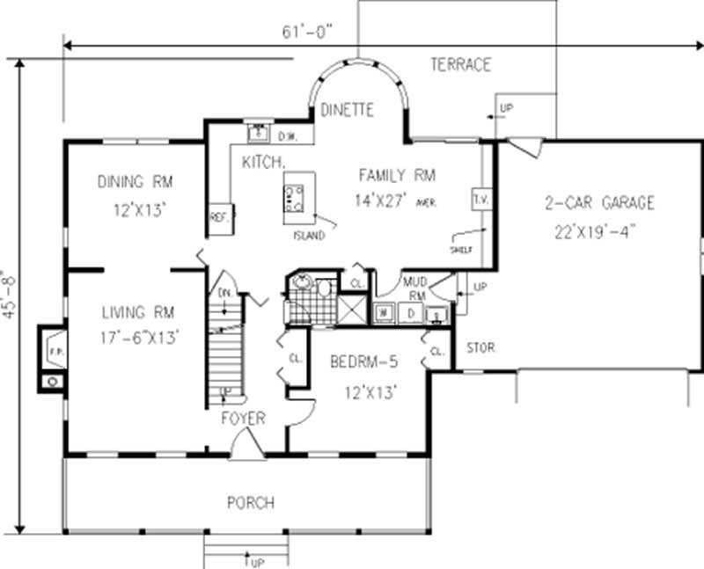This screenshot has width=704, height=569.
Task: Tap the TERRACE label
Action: pyautogui.click(x=460, y=64)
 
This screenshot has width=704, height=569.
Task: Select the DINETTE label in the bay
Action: pyautogui.click(x=347, y=110)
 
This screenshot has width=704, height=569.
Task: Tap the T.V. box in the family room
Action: pyautogui.click(x=480, y=200)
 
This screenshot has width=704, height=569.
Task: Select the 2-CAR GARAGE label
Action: pyautogui.click(x=598, y=203)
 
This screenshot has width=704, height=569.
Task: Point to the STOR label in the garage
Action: pyautogui.click(x=480, y=347)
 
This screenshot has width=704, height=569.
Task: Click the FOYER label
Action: pyautogui.click(x=242, y=419)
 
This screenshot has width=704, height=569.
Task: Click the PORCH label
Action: pyautogui.click(x=251, y=503)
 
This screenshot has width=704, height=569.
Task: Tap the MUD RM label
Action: pyautogui.click(x=414, y=288)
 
